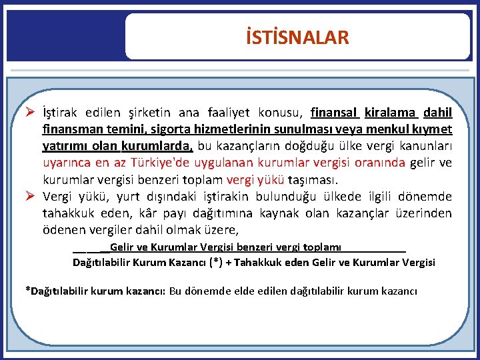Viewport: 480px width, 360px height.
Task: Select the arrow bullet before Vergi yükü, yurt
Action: pyautogui.click(x=31, y=196)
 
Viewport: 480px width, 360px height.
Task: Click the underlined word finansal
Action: pyautogui.click(x=335, y=113)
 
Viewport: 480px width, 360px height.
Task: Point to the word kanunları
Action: pyautogui.click(x=427, y=146)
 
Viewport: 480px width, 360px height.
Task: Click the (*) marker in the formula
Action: pyautogui.click(x=215, y=263)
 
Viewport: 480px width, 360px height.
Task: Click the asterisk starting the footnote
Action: pyautogui.click(x=27, y=291)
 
